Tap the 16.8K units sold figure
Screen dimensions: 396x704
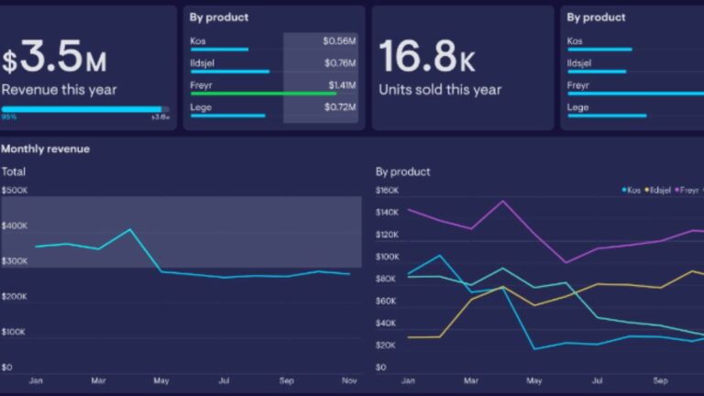[x=428, y=57]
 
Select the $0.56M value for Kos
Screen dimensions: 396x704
[x=339, y=41]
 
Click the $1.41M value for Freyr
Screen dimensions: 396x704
[x=342, y=83]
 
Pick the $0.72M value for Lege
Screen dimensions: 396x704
[x=339, y=107]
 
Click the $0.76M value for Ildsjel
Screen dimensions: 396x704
[x=339, y=62]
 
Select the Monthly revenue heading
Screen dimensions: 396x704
[x=46, y=148]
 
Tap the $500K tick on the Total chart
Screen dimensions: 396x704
[x=15, y=191]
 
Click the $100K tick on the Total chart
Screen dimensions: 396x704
[x=15, y=332]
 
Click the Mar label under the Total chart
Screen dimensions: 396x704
[x=99, y=379]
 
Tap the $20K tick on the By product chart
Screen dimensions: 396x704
[x=386, y=346]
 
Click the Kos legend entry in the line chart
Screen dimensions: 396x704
[x=632, y=190]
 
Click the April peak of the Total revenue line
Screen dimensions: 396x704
[x=129, y=230]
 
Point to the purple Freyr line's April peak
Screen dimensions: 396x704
[x=502, y=202]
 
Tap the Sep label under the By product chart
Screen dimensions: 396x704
[x=660, y=379]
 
